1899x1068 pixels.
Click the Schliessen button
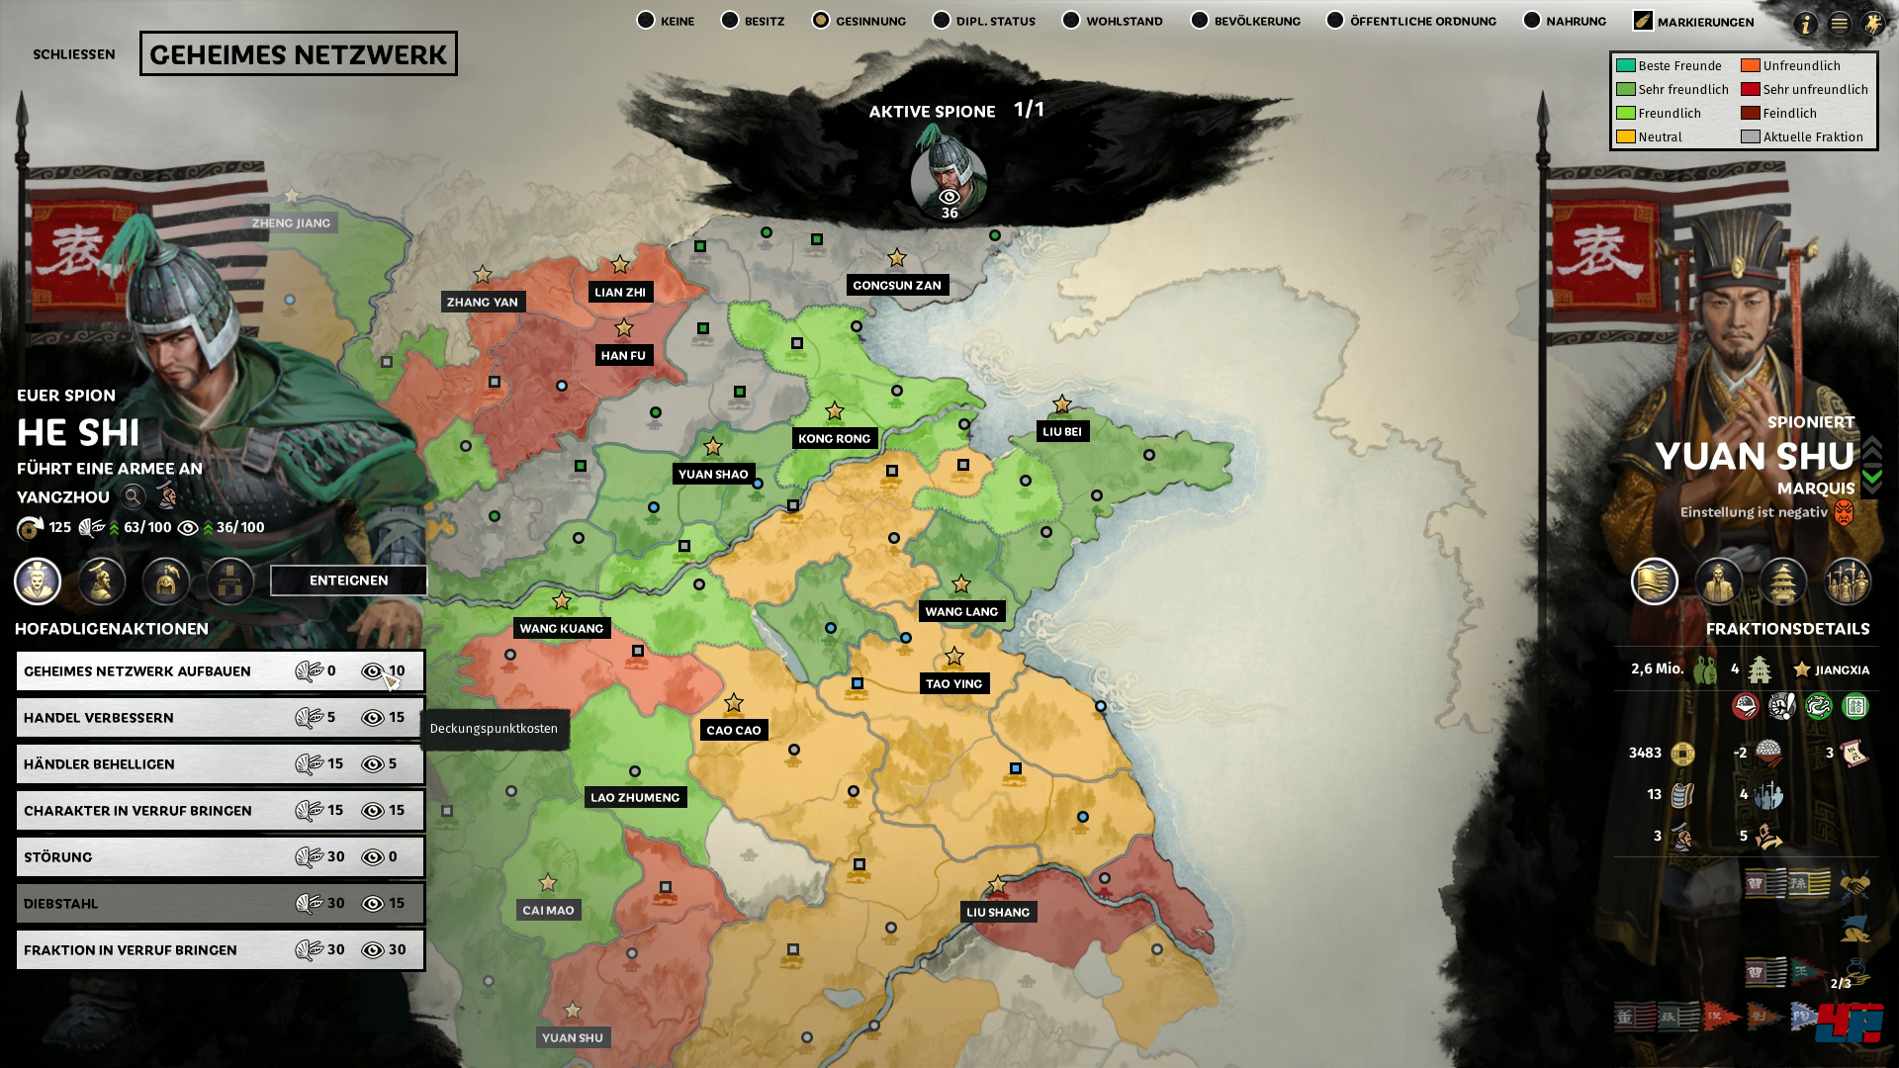(x=74, y=54)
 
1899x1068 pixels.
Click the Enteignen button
(x=348, y=580)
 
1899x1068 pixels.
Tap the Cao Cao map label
(x=733, y=730)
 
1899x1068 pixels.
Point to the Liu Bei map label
(x=1062, y=431)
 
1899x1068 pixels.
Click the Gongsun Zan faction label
(x=897, y=285)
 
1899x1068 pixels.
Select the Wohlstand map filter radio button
(x=1071, y=21)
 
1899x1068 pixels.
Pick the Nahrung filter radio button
(x=1532, y=21)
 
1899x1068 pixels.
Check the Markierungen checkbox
(x=1643, y=21)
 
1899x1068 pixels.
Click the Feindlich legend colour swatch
(x=1751, y=113)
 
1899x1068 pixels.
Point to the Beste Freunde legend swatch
(x=1625, y=65)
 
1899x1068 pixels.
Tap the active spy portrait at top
(x=949, y=178)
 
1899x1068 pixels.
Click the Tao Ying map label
(x=953, y=683)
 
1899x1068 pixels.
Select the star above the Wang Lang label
(x=960, y=584)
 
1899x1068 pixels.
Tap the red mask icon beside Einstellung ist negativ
(x=1844, y=512)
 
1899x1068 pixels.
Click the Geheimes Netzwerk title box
(x=298, y=54)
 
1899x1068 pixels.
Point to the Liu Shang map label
(x=998, y=912)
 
